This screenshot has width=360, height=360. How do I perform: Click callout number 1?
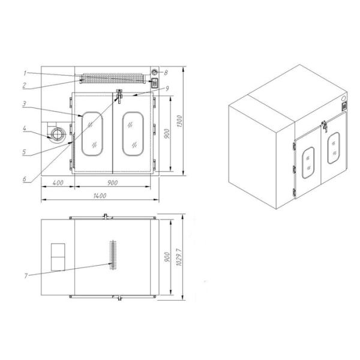[x=25, y=73]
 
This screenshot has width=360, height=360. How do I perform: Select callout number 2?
[x=25, y=85]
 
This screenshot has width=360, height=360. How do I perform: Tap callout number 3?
[x=24, y=104]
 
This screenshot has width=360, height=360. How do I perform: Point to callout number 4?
[x=25, y=128]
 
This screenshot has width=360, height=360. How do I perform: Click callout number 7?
[x=26, y=275]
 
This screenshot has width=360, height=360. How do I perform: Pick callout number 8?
[x=166, y=73]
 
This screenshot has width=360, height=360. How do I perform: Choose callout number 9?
[x=167, y=88]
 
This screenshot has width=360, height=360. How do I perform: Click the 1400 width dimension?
[x=100, y=196]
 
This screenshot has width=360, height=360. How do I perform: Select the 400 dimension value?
[x=58, y=183]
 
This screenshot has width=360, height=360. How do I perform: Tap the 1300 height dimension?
[x=179, y=121]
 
